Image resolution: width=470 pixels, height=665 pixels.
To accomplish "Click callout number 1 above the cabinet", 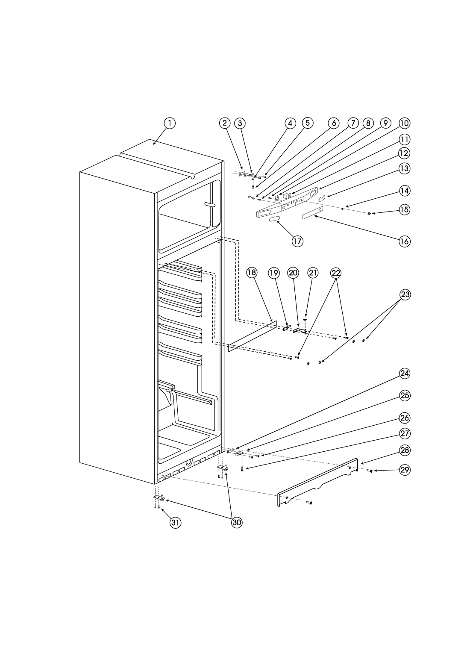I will pyautogui.click(x=170, y=123).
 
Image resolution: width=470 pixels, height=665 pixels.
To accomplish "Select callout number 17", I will pyautogui.click(x=297, y=241).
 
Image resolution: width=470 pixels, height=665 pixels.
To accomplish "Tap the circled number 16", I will pyautogui.click(x=404, y=241).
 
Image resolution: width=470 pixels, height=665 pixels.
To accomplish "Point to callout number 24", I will pyautogui.click(x=404, y=373).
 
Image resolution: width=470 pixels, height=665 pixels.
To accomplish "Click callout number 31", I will pyautogui.click(x=175, y=522).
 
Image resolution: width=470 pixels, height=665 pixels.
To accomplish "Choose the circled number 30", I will pyautogui.click(x=237, y=522).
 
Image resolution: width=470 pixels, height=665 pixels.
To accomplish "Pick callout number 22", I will pyautogui.click(x=336, y=273).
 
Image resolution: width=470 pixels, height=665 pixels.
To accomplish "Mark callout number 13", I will pyautogui.click(x=404, y=169).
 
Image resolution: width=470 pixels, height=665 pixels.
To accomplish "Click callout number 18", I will pyautogui.click(x=252, y=273).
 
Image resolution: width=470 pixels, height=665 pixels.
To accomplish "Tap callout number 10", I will pyautogui.click(x=404, y=123).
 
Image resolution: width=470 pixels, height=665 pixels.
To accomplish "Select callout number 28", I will pyautogui.click(x=404, y=450).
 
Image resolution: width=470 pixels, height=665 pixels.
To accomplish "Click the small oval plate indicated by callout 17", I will pyautogui.click(x=274, y=219).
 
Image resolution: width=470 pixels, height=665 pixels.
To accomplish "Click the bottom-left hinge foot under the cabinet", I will pyautogui.click(x=159, y=497).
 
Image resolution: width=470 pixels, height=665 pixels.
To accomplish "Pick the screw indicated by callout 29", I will pyautogui.click(x=370, y=471).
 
